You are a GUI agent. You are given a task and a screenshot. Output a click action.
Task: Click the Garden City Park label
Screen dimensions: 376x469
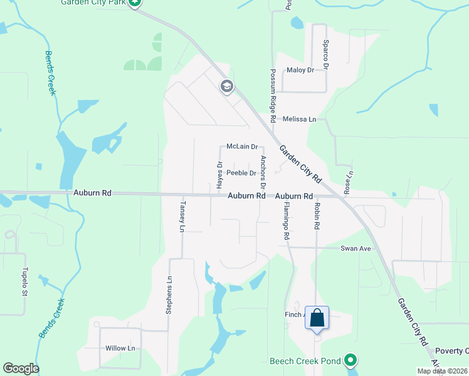tap(93, 3)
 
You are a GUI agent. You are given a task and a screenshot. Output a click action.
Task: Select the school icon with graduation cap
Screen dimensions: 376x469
tap(227, 86)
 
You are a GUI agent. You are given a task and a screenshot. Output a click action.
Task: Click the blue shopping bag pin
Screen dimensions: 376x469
tap(317, 318)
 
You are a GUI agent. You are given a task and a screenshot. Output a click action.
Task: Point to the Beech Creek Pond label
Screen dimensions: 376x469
tap(305, 361)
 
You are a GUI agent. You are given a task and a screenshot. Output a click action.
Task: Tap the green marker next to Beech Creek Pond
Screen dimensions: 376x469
tap(350, 361)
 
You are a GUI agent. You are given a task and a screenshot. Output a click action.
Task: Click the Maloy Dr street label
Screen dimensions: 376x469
tap(300, 70)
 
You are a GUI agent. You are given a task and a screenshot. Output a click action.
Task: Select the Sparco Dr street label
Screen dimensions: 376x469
tap(326, 48)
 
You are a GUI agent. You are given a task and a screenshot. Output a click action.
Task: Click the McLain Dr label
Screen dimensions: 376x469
tap(242, 147)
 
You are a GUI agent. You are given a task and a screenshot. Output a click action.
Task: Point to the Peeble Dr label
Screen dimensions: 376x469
tap(241, 173)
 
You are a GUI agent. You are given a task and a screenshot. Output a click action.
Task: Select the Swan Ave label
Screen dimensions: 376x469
tap(356, 249)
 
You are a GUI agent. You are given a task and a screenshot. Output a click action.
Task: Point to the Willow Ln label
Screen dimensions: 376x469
tap(120, 348)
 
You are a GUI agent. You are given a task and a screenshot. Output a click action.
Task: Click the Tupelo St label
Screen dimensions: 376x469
tap(26, 283)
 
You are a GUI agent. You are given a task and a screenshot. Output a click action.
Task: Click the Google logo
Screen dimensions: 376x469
tap(21, 368)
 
